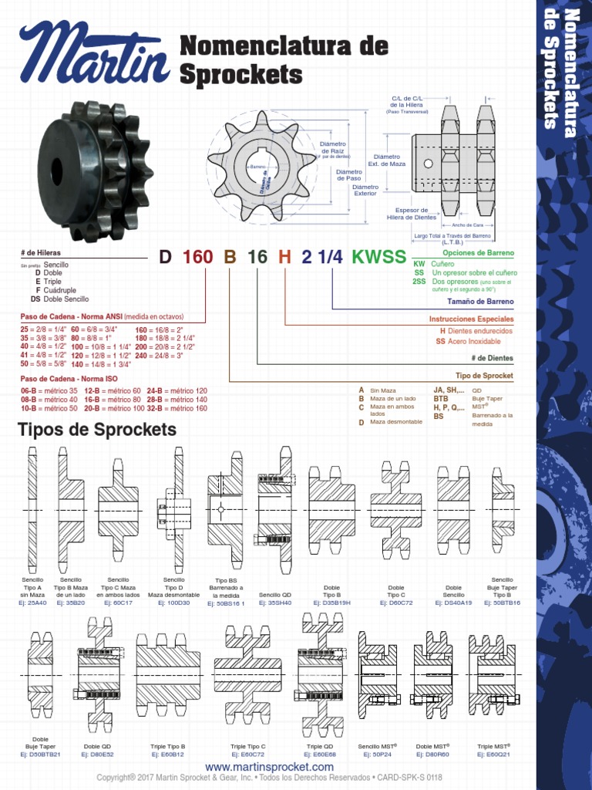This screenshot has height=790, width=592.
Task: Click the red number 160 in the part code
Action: coord(197,257)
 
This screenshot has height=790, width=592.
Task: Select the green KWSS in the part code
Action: coord(378,257)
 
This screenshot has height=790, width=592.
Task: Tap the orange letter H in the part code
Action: coord(285,257)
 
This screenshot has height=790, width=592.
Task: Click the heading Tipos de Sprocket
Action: coord(97,430)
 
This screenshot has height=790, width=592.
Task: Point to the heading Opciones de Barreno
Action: coord(478,253)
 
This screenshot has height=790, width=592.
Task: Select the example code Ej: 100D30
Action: coord(173,603)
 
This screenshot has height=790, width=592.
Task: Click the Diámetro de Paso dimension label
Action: coord(348,175)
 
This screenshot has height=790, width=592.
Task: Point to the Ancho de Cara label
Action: coord(467,225)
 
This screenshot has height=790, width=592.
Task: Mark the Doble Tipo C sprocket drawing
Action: coord(395,509)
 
